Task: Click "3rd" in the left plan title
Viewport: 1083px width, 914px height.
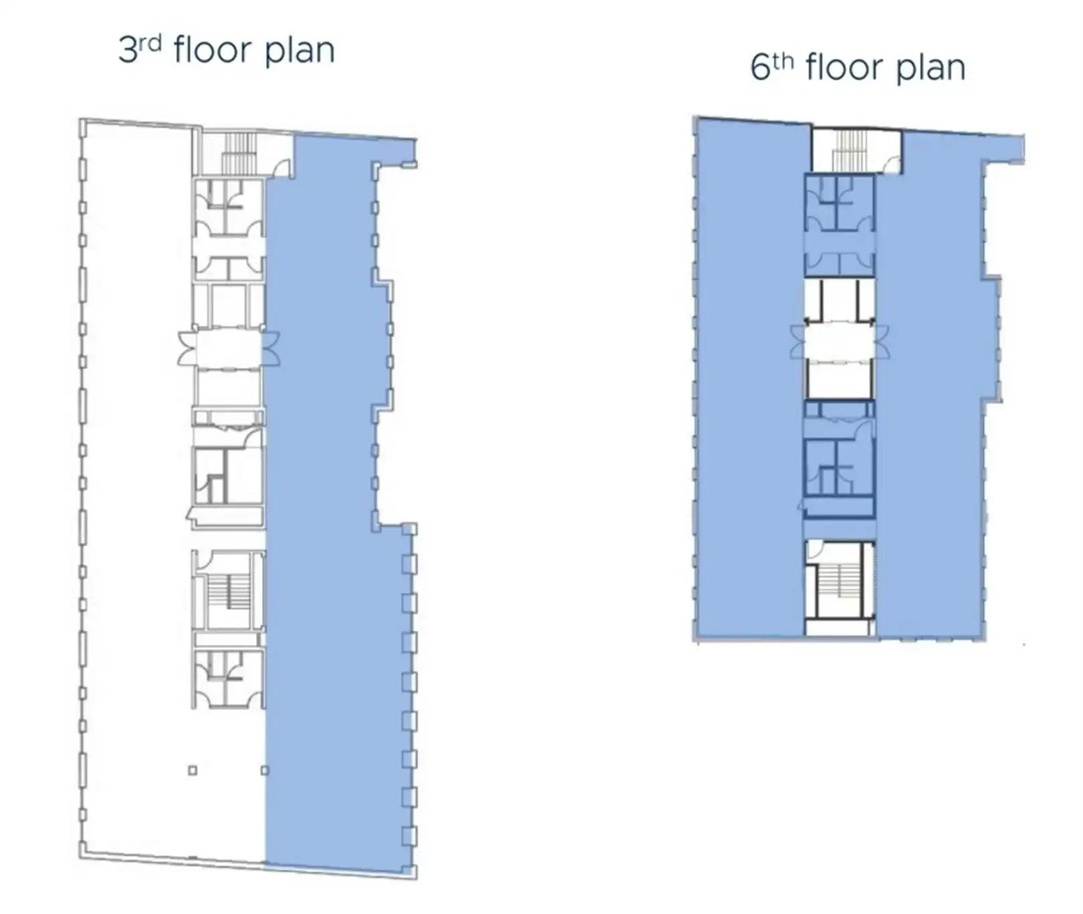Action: pyautogui.click(x=140, y=49)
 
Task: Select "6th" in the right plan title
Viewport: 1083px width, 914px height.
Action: pyautogui.click(x=771, y=67)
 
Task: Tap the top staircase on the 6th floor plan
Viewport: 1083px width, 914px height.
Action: pyautogui.click(x=849, y=150)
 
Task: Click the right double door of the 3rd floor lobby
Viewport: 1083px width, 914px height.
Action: pyautogui.click(x=270, y=348)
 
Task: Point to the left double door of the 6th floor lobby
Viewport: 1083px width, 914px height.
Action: pyautogui.click(x=798, y=342)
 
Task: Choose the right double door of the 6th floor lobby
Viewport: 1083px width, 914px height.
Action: pyautogui.click(x=882, y=342)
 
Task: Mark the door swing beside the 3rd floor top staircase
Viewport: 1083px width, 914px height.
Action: pyautogui.click(x=282, y=168)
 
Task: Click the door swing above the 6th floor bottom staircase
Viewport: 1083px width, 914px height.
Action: pyautogui.click(x=814, y=549)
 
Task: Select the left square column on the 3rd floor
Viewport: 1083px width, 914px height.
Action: pyautogui.click(x=193, y=770)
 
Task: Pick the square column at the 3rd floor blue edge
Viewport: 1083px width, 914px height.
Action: pyautogui.click(x=265, y=770)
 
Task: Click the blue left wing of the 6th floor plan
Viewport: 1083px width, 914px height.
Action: pyautogui.click(x=749, y=378)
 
